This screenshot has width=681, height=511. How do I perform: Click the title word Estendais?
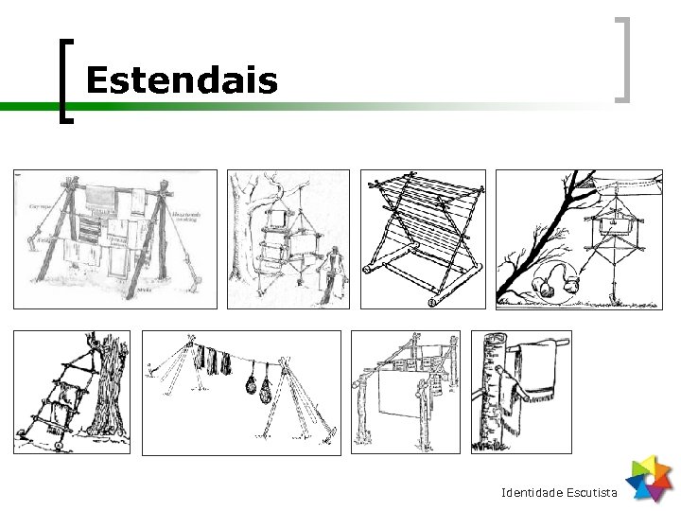(181, 81)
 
